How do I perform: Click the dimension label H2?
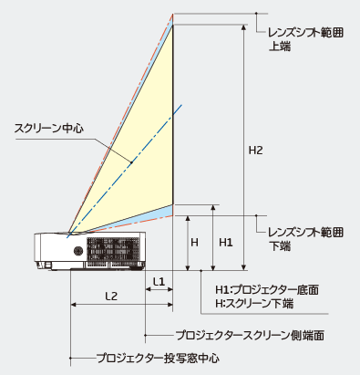click(256, 151)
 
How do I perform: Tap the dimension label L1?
click(159, 281)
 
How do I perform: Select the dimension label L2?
click(110, 296)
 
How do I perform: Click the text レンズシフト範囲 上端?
click(306, 37)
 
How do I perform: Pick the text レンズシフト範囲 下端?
click(306, 240)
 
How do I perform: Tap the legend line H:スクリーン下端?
click(258, 302)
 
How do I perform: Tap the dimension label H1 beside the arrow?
click(227, 243)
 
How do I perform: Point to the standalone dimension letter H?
click(194, 243)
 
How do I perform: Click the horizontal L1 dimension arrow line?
click(159, 291)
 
